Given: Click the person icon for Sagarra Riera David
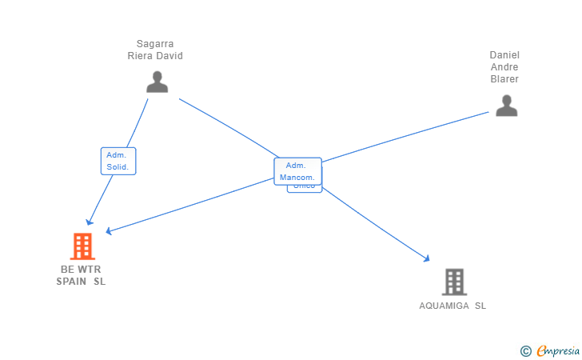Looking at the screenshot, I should [157, 82].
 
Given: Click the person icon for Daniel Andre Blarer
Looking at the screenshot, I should [506, 106].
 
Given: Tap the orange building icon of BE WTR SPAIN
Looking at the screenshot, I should [82, 246].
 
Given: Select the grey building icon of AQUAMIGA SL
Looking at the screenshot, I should [454, 282].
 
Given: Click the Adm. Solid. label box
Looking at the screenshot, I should [118, 161].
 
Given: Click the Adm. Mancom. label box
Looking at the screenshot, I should [297, 171].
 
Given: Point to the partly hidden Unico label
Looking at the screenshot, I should [305, 188].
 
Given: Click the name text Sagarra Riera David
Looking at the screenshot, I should [155, 50].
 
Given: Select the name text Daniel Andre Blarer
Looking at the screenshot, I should [504, 66].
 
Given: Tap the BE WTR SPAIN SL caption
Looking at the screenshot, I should [81, 275].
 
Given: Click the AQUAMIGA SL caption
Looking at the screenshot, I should [452, 306].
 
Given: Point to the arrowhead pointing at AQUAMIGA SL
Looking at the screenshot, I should [427, 258].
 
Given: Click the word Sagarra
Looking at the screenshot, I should [155, 44].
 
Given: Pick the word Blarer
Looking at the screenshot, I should [504, 79].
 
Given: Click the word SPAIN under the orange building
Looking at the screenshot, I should [72, 282].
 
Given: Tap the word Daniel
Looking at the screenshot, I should [504, 54].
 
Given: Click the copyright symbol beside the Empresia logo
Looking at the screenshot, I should [525, 350].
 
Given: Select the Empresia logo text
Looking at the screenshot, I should [554, 350].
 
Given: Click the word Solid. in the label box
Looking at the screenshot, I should [118, 167].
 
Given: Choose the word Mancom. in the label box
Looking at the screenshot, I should [297, 177].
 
